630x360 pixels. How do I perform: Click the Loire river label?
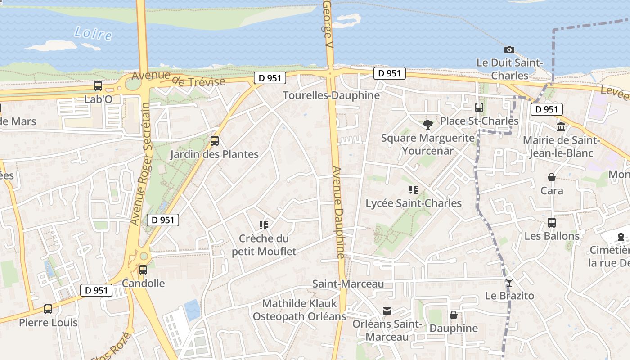click(93, 33)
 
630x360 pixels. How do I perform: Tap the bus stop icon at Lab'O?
click(98, 86)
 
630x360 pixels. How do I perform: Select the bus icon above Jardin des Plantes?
click(215, 141)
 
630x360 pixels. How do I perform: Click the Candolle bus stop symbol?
click(143, 270)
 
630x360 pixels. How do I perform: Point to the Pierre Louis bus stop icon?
click(48, 309)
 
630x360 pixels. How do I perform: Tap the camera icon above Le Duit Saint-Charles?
click(509, 49)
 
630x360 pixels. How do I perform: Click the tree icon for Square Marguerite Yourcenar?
click(428, 124)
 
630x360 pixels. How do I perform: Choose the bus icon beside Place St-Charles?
click(479, 108)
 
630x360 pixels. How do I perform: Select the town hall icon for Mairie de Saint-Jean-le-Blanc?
click(561, 126)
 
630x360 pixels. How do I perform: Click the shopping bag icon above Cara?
click(552, 177)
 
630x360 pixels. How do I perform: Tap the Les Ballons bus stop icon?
click(552, 223)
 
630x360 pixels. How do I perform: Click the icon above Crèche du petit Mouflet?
click(264, 225)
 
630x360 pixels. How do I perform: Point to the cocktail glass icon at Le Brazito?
click(509, 283)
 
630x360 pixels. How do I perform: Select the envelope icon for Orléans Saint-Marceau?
click(387, 311)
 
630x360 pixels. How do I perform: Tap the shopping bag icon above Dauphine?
click(454, 315)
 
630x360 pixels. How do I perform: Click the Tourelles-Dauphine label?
click(331, 95)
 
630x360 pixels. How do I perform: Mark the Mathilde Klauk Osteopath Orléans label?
click(299, 310)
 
